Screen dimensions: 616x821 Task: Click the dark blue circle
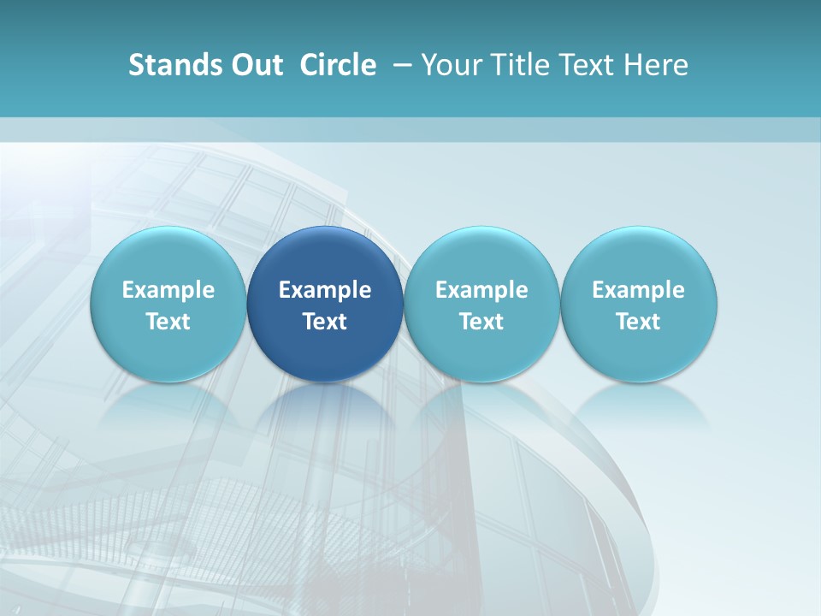[325, 257]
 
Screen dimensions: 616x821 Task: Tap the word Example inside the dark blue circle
[325, 290]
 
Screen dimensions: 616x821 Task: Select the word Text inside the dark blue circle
[325, 322]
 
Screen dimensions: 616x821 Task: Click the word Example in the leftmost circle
[168, 290]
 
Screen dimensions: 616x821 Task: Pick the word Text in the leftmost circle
[168, 322]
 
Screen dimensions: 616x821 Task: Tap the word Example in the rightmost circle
[639, 290]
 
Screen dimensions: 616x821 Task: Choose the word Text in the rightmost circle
[639, 322]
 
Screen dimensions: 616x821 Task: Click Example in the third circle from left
[481, 290]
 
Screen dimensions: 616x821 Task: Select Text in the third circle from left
[481, 322]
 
